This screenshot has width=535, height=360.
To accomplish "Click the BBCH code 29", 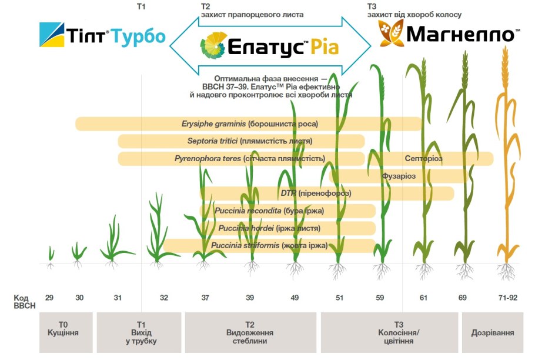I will (x=49, y=298).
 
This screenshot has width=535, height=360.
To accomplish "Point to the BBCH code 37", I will (x=205, y=298).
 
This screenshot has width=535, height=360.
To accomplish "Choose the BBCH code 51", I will (x=339, y=298).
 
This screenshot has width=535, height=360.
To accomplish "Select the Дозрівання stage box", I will (x=493, y=332).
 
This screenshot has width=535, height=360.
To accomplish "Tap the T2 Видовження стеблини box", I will (x=250, y=332).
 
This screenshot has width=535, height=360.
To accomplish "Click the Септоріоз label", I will (x=423, y=158).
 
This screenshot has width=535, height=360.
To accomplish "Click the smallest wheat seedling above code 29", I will (x=51, y=255).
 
